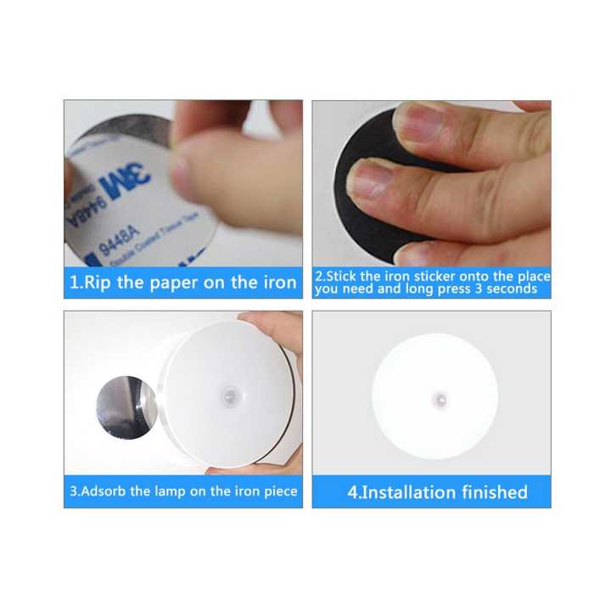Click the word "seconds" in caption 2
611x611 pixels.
tap(510, 289)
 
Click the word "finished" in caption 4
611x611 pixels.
tap(494, 491)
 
